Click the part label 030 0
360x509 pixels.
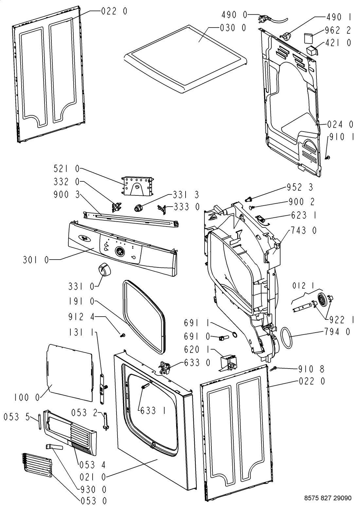pos(233,28)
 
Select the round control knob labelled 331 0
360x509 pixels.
pos(104,270)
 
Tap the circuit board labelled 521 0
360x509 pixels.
pos(137,186)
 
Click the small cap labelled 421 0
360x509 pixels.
pos(312,50)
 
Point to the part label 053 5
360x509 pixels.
pos(17,417)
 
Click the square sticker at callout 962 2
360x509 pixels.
pos(308,38)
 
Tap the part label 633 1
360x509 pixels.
pos(153,410)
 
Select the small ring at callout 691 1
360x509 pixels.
pos(234,334)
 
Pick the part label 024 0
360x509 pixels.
pos(340,124)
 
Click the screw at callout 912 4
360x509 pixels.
pos(123,335)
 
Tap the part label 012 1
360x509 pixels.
pos(303,286)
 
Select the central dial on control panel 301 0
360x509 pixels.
pos(120,251)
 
